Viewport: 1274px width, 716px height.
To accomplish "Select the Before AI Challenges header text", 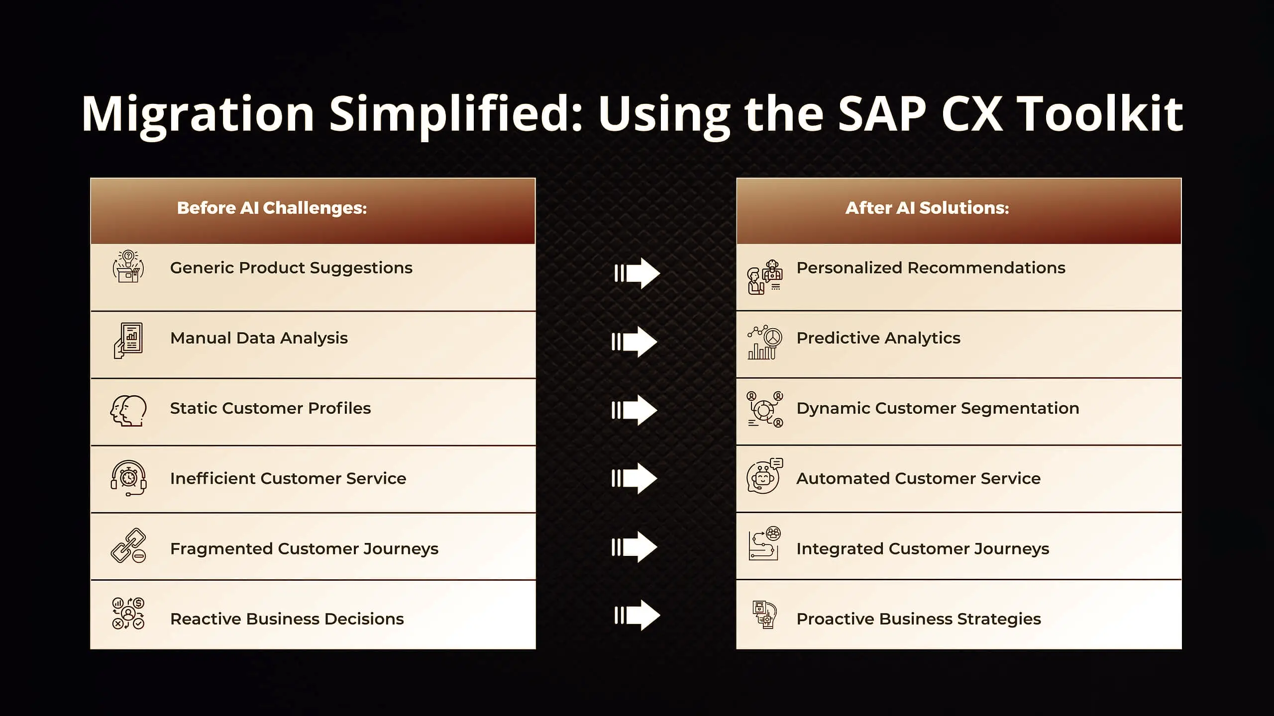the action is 272,208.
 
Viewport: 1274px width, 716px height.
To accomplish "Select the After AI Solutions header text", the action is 927,208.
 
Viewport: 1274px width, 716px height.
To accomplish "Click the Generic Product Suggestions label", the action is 291,268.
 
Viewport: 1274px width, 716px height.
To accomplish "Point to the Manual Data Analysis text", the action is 259,338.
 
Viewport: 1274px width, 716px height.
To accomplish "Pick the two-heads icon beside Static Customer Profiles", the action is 128,411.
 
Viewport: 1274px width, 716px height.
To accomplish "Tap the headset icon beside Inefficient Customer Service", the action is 128,478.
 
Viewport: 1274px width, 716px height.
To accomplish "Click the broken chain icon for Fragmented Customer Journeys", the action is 128,545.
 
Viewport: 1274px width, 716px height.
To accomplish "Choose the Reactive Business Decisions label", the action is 287,619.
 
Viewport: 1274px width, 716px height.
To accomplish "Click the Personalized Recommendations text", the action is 931,268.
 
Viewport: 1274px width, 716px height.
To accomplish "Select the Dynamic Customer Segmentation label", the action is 938,408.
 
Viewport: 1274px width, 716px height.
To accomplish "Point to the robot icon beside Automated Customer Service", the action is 764,476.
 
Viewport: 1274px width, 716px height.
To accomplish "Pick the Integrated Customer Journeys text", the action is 923,548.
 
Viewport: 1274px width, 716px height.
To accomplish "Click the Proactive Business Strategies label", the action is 919,619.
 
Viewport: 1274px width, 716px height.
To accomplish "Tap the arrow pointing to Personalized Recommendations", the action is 637,273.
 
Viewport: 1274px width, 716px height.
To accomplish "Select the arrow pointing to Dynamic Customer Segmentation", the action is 635,410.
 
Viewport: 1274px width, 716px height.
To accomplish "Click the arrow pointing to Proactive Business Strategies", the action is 637,615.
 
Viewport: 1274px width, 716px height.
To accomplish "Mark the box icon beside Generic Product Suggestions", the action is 128,267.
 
